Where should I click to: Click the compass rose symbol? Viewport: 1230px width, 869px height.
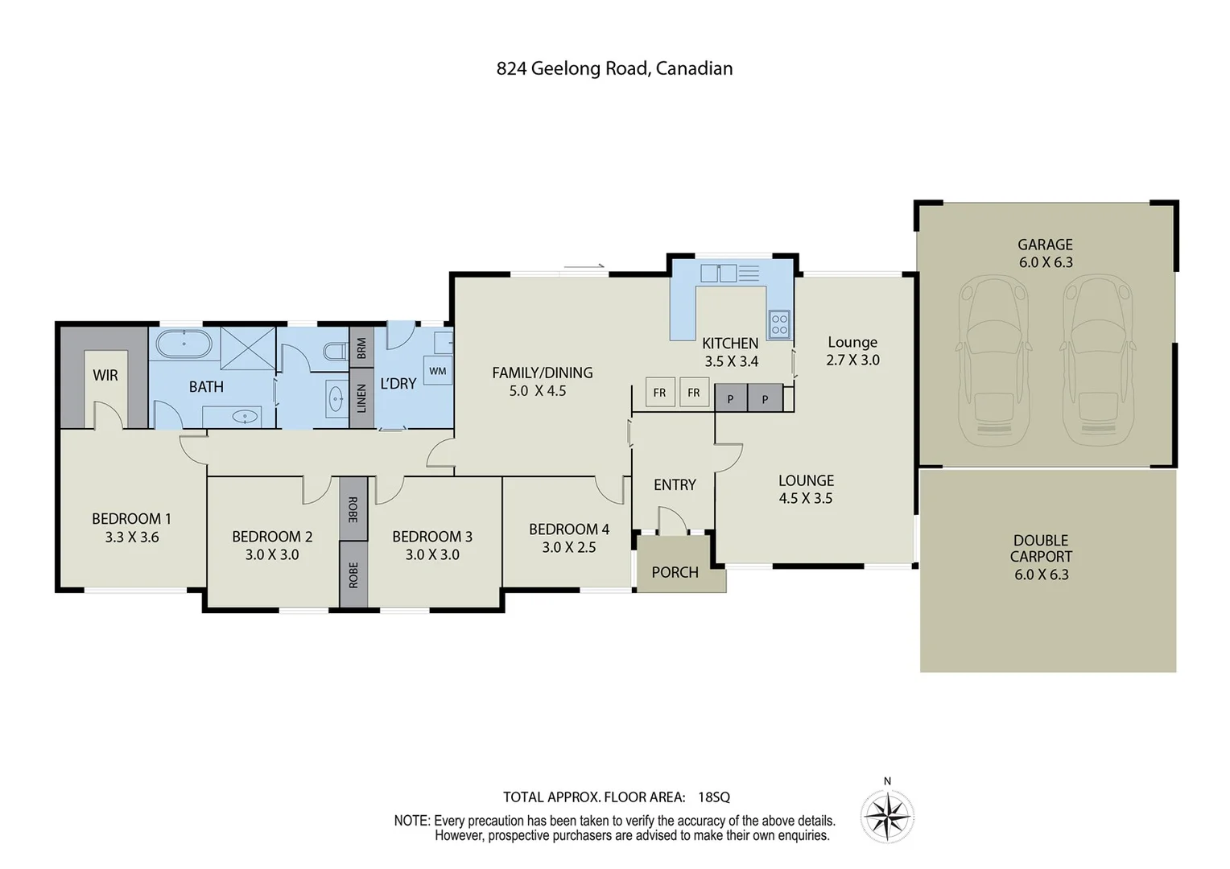887,817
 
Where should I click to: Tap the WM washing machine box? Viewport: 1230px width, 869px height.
438,371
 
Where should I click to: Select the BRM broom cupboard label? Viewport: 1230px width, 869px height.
361,348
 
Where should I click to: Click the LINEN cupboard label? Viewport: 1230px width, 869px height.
361,398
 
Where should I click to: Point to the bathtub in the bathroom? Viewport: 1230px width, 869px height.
184,344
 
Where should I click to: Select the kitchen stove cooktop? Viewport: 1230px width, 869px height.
779,324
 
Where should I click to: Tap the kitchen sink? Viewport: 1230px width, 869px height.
719,274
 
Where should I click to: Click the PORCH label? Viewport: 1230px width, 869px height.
675,572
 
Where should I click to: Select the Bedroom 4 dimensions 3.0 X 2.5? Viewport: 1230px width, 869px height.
568,547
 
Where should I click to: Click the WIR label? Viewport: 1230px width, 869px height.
105,375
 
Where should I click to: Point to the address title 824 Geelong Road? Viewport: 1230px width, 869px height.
614,68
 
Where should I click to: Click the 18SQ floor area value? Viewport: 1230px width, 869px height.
714,797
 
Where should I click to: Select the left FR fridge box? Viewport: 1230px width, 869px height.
659,393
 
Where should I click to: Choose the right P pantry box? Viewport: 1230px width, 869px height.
765,398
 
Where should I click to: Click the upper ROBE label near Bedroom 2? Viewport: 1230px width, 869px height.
353,509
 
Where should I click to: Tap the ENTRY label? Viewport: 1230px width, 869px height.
675,484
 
